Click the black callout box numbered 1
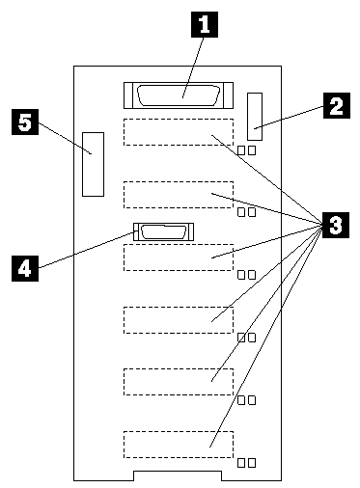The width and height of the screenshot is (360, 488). pyautogui.click(x=205, y=24)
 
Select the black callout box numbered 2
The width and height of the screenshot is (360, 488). pyautogui.click(x=337, y=105)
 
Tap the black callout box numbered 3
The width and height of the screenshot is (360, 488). pyautogui.click(x=336, y=225)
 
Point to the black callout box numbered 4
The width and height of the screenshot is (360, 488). pyautogui.click(x=25, y=268)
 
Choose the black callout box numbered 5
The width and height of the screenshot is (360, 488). pyautogui.click(x=25, y=122)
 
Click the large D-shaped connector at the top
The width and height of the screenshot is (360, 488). pyautogui.click(x=179, y=95)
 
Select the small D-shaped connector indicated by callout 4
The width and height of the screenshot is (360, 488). pyautogui.click(x=163, y=231)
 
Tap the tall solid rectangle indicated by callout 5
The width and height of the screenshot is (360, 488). pyautogui.click(x=93, y=164)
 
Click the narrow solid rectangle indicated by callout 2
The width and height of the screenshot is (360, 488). pyautogui.click(x=255, y=117)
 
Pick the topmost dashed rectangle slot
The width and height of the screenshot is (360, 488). pyautogui.click(x=179, y=132)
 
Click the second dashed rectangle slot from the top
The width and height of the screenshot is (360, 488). pyautogui.click(x=179, y=195)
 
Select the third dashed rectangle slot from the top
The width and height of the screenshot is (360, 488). pyautogui.click(x=179, y=258)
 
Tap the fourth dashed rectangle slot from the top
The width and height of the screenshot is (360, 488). pyautogui.click(x=179, y=320)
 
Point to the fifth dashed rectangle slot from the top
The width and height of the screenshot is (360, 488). pyautogui.click(x=179, y=382)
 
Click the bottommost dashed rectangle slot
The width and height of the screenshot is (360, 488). pyautogui.click(x=179, y=445)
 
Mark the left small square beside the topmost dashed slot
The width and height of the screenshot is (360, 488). pyautogui.click(x=241, y=150)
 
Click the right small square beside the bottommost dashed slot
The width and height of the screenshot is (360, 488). pyautogui.click(x=252, y=463)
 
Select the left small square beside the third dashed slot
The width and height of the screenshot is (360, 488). pyautogui.click(x=241, y=275)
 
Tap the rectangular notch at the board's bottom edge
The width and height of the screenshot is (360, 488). pyautogui.click(x=178, y=475)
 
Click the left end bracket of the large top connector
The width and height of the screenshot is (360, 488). pyautogui.click(x=128, y=95)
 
